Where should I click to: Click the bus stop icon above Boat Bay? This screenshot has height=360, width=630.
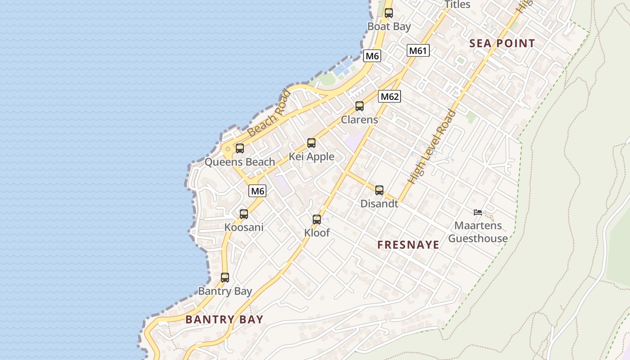click(389, 13)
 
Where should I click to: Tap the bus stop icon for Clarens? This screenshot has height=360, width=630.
click(360, 106)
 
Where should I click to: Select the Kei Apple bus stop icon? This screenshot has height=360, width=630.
click(311, 143)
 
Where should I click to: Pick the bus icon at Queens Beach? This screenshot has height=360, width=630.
click(240, 148)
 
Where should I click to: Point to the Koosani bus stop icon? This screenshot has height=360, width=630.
click(244, 214)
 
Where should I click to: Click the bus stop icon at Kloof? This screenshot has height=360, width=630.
click(317, 220)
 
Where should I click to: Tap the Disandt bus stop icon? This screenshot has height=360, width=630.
click(379, 190)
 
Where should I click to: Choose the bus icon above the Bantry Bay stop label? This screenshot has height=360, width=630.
click(225, 278)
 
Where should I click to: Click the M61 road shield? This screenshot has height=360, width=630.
click(418, 50)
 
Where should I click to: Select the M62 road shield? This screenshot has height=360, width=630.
click(389, 96)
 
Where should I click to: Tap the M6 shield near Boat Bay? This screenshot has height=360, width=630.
click(372, 56)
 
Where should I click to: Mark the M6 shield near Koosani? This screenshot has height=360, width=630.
click(257, 191)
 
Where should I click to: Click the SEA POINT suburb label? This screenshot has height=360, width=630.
click(502, 44)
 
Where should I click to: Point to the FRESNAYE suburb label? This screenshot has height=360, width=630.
click(408, 245)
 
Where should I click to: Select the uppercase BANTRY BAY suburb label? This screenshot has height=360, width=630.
click(224, 319)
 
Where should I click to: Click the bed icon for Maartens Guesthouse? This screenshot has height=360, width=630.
click(478, 212)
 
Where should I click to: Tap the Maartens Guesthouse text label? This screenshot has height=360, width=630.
click(478, 232)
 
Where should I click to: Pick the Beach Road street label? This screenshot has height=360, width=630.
click(269, 113)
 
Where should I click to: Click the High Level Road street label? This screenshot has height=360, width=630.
click(432, 147)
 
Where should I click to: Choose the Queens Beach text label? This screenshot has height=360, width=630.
click(240, 162)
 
